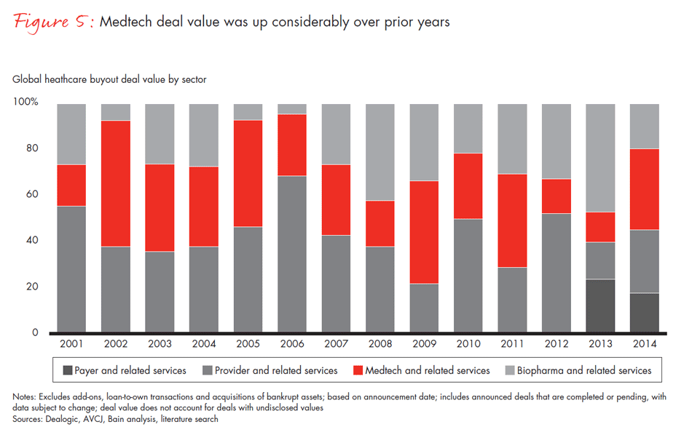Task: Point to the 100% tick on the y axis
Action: pos(25,103)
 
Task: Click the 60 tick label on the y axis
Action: pos(33,195)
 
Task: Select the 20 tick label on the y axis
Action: pos(33,287)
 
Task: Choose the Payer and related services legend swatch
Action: pos(67,370)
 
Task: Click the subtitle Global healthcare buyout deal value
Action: pos(109,79)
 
